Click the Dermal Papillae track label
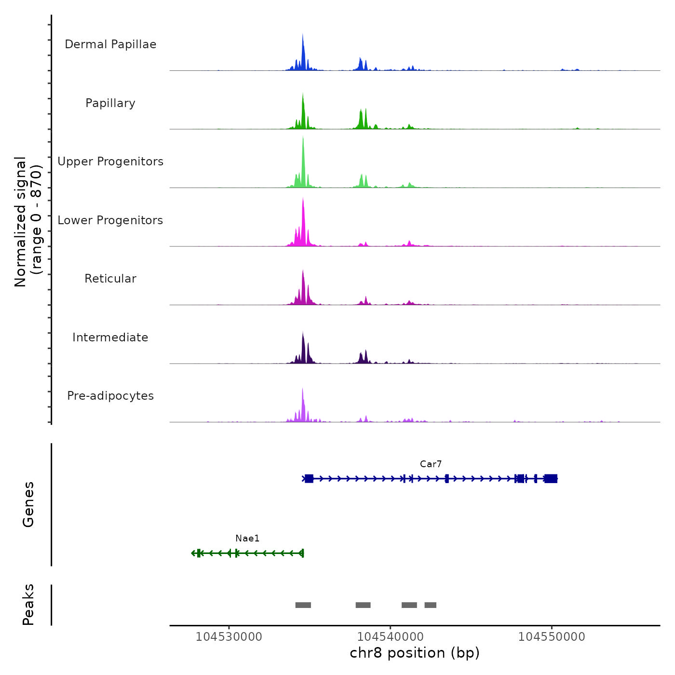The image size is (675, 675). click(x=110, y=44)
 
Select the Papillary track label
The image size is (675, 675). click(x=110, y=103)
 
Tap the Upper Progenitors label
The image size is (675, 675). click(x=110, y=162)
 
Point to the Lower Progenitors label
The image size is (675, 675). click(x=110, y=220)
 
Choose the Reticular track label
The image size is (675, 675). click(x=110, y=279)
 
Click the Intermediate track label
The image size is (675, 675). click(x=110, y=337)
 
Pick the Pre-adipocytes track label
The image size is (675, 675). click(x=110, y=396)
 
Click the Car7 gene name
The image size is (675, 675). click(x=431, y=464)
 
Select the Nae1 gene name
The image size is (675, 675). click(x=247, y=539)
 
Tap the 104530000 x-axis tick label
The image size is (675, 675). click(x=229, y=637)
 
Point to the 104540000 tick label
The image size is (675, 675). click(x=391, y=637)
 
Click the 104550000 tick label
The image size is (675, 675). click(x=552, y=637)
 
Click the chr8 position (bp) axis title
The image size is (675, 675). click(x=415, y=653)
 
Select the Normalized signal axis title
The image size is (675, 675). click(x=28, y=221)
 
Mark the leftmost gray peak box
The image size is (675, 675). click(x=303, y=605)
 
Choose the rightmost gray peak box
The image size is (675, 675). click(x=431, y=605)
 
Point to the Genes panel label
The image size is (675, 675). click(x=28, y=504)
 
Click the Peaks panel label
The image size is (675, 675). click(x=28, y=605)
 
